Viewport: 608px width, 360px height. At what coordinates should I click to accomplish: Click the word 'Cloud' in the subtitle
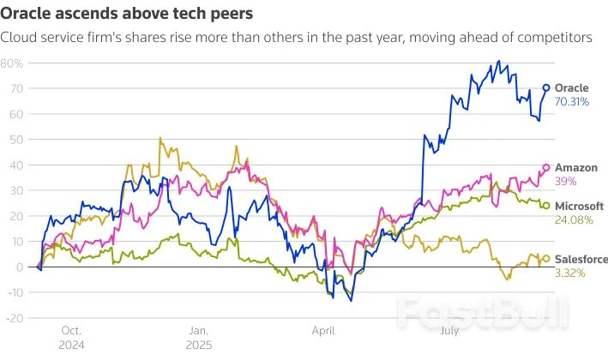(21, 38)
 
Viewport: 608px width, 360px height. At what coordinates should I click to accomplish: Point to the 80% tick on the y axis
(12, 63)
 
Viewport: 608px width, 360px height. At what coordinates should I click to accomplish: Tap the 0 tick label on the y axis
(19, 267)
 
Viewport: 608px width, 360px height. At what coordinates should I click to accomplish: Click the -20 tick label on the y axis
(14, 318)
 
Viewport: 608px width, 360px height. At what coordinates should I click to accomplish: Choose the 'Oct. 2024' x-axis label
(71, 336)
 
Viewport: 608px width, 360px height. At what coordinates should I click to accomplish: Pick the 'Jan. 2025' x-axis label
(199, 336)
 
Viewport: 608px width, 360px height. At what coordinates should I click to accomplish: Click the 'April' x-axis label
(323, 330)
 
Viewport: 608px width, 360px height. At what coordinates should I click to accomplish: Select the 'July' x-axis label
(448, 330)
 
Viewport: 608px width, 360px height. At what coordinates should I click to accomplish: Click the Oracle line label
(572, 88)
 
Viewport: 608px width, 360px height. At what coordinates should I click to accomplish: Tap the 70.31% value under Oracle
(573, 101)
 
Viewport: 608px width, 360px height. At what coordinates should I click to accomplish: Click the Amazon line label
(576, 168)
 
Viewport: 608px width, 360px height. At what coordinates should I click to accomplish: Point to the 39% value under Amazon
(566, 181)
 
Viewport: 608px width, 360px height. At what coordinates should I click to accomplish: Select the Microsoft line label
(579, 207)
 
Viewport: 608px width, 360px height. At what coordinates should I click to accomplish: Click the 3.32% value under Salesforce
(570, 273)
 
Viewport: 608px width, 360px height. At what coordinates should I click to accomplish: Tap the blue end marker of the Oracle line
(546, 88)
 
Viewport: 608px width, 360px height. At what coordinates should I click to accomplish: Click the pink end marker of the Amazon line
(546, 168)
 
